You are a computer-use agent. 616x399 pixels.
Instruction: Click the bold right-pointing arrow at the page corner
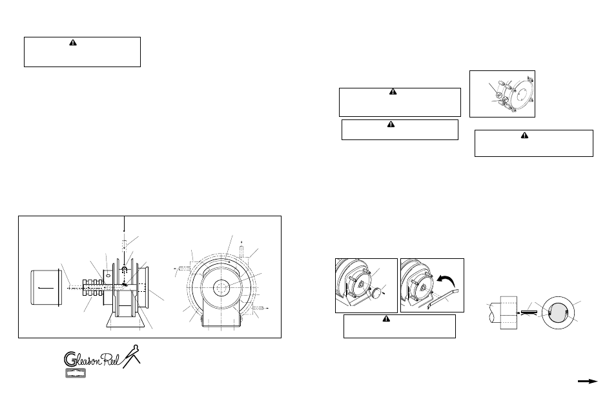588,382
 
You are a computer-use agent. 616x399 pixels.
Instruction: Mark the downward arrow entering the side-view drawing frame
123,226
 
